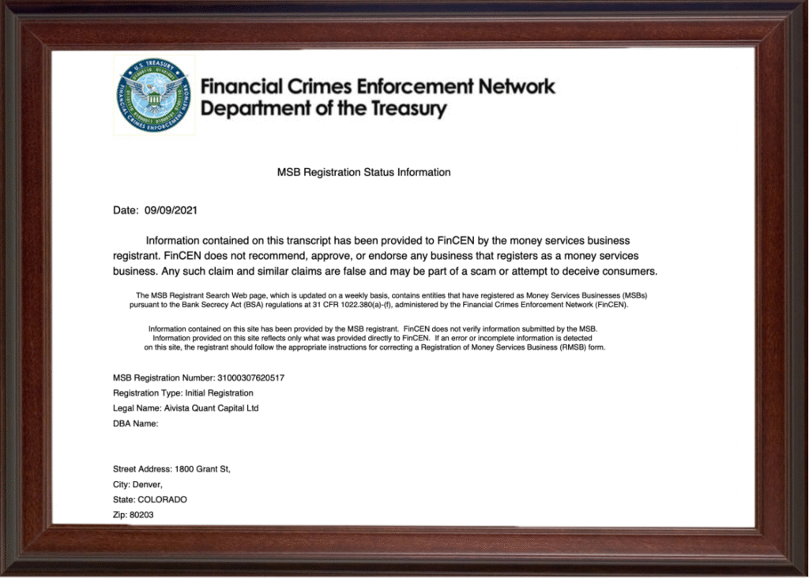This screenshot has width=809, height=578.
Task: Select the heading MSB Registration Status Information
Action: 363,172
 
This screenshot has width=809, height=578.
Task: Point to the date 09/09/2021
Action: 171,211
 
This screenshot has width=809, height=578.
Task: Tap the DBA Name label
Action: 136,423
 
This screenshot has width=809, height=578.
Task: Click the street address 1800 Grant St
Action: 203,469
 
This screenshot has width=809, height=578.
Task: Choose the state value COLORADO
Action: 162,500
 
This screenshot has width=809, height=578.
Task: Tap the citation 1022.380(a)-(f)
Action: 348,304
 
